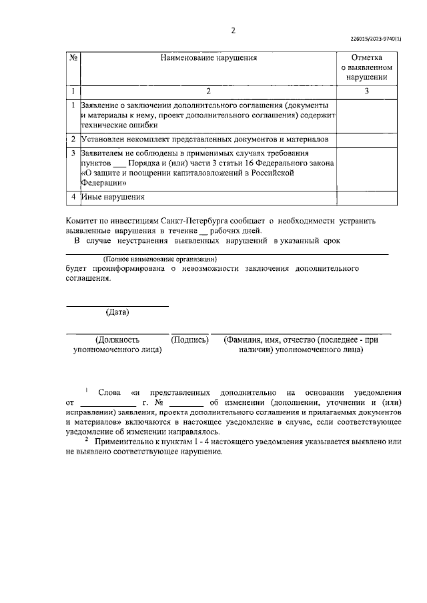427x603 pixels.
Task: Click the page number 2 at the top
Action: click(x=233, y=30)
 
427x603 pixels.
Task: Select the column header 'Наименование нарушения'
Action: click(x=208, y=58)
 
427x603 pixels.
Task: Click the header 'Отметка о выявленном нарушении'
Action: click(x=366, y=67)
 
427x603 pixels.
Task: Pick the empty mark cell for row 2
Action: click(x=366, y=140)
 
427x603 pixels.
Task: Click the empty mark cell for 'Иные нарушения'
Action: click(x=366, y=198)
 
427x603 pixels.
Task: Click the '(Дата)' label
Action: click(x=117, y=312)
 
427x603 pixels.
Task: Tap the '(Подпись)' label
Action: click(x=190, y=340)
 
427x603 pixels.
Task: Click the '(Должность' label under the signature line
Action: click(x=117, y=340)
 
